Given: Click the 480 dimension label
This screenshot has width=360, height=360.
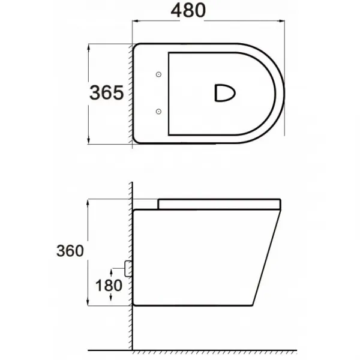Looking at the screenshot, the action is tap(188, 11).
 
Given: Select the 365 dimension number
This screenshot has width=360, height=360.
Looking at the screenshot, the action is tap(107, 92).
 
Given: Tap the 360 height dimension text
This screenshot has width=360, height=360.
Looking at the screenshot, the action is tap(70, 251).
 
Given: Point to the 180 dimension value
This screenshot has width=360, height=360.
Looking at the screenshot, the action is tap(109, 286).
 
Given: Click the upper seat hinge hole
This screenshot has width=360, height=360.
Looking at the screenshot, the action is tap(158, 74).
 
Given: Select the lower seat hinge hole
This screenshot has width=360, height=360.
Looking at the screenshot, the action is tap(158, 112).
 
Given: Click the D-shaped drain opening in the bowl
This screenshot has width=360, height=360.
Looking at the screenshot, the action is tap(225, 93).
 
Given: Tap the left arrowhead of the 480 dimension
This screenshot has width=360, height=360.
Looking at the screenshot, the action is tap(136, 21).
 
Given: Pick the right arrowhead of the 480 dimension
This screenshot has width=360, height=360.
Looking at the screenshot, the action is tap(281, 21).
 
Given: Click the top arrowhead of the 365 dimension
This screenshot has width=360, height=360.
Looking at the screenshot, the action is tap(89, 47).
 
